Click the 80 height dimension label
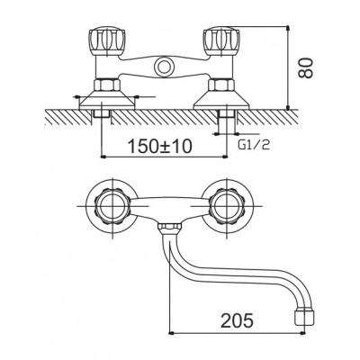point(307,68)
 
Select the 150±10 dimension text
point(159,147)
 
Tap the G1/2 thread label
point(254,146)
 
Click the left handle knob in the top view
point(106,42)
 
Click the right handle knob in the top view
point(221,42)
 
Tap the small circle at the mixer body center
point(164,67)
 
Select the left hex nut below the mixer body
point(107,85)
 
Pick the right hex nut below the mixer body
point(221,85)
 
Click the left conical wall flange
point(107,100)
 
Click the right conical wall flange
point(221,100)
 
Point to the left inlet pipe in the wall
point(101,114)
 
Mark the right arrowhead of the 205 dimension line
point(303,333)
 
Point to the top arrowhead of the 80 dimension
point(288,29)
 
